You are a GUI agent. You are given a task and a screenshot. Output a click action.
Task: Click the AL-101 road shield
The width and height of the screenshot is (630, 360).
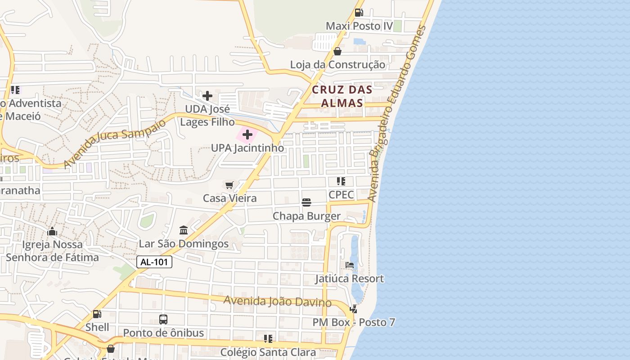[154, 262]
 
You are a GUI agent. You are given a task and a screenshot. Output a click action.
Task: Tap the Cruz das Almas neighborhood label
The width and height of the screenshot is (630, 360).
[342, 96]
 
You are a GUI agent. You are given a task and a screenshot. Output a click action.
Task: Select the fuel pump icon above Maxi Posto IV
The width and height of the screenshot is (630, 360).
[359, 13]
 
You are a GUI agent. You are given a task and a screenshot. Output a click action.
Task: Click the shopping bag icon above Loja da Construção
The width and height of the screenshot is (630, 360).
[337, 51]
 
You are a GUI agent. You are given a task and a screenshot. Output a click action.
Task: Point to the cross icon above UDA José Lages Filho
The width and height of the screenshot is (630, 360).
[207, 95]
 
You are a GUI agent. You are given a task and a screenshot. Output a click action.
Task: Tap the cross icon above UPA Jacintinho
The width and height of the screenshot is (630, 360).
[247, 134]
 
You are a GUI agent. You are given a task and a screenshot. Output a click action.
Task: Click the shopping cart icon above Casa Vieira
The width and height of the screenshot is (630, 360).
[229, 185]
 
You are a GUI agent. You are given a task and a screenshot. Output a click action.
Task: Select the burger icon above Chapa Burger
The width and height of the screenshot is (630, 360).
[306, 202]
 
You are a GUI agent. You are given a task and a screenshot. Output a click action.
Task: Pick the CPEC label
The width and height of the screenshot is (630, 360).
[341, 194]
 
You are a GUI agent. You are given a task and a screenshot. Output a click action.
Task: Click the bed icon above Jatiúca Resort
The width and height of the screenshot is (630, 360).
[350, 265]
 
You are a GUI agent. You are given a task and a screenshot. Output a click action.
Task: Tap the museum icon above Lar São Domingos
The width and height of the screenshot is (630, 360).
[184, 230]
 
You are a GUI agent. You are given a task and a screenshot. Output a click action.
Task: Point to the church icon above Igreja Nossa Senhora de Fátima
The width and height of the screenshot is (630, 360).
[52, 232]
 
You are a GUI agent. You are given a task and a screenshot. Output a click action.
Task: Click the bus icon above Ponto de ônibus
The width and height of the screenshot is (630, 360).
[163, 319]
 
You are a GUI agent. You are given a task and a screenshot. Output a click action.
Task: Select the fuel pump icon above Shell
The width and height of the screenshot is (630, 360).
[97, 314]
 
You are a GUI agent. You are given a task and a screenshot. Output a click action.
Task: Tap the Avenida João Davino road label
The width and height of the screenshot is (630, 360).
[277, 301]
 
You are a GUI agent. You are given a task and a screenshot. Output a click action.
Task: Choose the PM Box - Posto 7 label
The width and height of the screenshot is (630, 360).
[354, 322]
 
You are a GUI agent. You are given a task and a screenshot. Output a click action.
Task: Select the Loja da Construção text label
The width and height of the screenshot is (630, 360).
[337, 64]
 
